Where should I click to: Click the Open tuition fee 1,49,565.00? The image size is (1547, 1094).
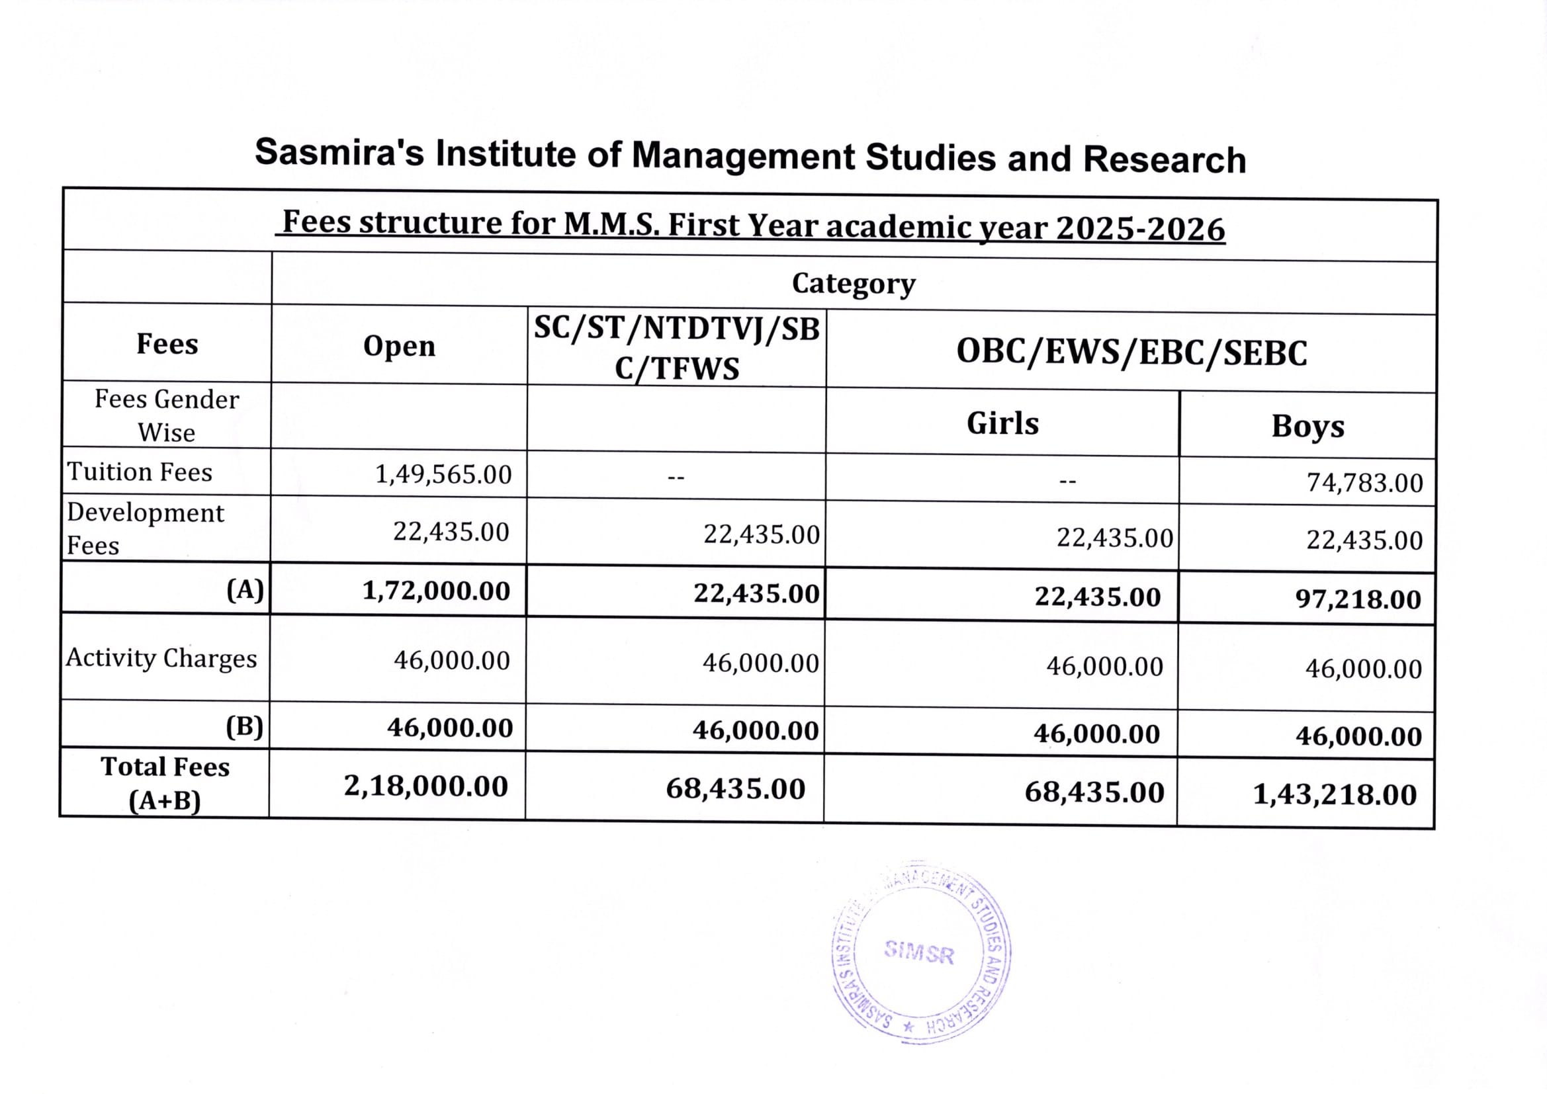click(443, 474)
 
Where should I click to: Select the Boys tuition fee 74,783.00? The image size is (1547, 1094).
click(1364, 483)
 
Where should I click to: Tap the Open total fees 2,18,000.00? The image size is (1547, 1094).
click(426, 786)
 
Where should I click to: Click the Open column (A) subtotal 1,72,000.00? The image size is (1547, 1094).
click(436, 591)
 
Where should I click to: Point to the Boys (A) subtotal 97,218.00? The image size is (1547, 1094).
click(1358, 599)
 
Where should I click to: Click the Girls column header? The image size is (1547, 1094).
click(1002, 424)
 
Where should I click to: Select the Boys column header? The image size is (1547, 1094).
click(1307, 427)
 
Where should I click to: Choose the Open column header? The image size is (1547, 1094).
click(399, 345)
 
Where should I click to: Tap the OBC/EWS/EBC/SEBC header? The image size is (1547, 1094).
click(1131, 353)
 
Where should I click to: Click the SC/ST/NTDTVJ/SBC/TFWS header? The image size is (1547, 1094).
click(676, 349)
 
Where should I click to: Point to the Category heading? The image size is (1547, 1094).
click(853, 284)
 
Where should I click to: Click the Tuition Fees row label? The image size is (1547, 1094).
click(140, 472)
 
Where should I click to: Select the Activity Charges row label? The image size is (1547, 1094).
click(161, 658)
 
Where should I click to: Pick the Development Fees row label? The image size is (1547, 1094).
click(145, 529)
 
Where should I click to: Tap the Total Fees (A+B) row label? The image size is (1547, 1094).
click(165, 783)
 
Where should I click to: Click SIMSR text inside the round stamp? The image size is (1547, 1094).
click(919, 952)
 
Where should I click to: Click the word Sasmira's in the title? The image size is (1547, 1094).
click(339, 152)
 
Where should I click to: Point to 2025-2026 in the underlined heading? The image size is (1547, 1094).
click(1140, 229)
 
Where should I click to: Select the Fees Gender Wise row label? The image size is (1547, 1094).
click(167, 415)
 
